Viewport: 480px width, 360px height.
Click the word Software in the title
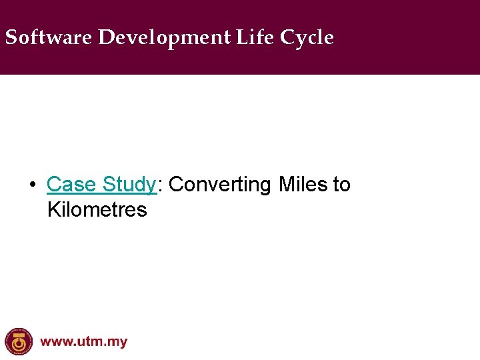[x=48, y=38]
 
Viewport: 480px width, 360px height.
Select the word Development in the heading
[x=164, y=38]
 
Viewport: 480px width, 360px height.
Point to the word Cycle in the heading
[x=307, y=38]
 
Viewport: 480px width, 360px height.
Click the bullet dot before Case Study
[x=32, y=185]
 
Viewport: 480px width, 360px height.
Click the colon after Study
[x=160, y=185]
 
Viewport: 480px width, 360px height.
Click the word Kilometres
[x=97, y=210]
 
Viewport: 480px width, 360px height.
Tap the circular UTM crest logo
[x=18, y=341]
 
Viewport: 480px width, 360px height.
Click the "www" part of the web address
[x=56, y=343]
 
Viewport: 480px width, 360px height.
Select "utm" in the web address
[x=90, y=343]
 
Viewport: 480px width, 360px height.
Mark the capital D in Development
[x=105, y=38]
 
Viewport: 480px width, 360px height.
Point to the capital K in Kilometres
[x=53, y=210]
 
